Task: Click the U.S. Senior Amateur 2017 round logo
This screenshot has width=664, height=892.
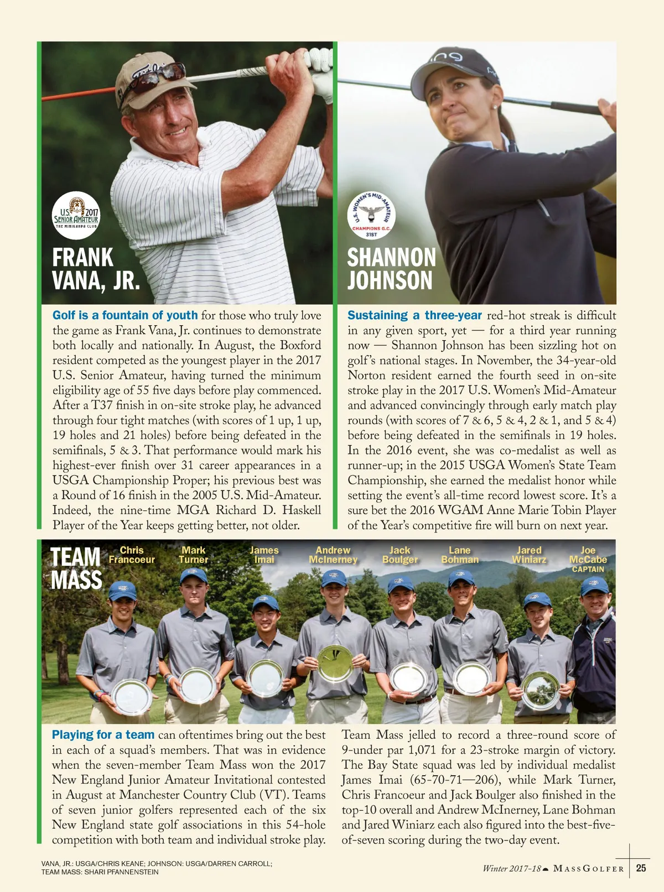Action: tap(76, 215)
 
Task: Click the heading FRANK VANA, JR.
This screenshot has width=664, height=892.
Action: tap(95, 269)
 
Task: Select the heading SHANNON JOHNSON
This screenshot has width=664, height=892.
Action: tap(391, 269)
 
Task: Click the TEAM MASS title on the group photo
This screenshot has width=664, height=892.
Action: tap(76, 568)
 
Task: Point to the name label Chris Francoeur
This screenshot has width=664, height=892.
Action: tap(132, 555)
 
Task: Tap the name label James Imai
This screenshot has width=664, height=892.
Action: tap(264, 555)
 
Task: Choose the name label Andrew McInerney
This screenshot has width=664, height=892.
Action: tap(333, 555)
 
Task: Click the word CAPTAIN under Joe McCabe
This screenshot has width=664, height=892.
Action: tap(588, 570)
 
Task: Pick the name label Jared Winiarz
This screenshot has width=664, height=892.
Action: tap(529, 555)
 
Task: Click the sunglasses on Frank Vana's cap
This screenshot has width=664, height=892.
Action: tap(158, 76)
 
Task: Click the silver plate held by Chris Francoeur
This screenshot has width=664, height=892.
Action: tap(132, 697)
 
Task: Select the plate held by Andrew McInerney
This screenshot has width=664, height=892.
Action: tap(335, 663)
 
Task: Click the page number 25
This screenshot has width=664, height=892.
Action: tap(641, 868)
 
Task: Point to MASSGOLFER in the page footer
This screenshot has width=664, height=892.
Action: tap(589, 869)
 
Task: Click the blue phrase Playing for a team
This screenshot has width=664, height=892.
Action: tap(103, 735)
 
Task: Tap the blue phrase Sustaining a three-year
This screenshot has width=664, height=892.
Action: tap(414, 315)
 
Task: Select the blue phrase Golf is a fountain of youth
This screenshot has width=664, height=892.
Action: tap(125, 315)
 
